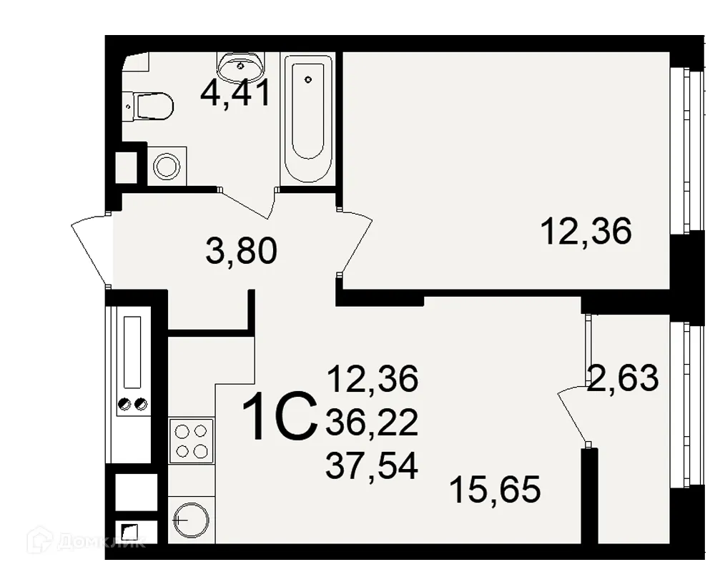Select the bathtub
pos(308,118)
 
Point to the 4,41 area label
pos(235,94)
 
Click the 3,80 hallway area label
pos(240,252)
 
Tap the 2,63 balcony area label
pos(622,377)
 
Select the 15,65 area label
pos(495,490)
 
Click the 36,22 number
pos(371,424)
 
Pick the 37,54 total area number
pos(371,466)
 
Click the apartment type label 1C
pos(279,419)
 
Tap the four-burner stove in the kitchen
pos(191,440)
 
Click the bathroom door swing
pos(250,202)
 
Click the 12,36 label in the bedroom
pos(586,232)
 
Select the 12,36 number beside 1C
pos(371,379)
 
